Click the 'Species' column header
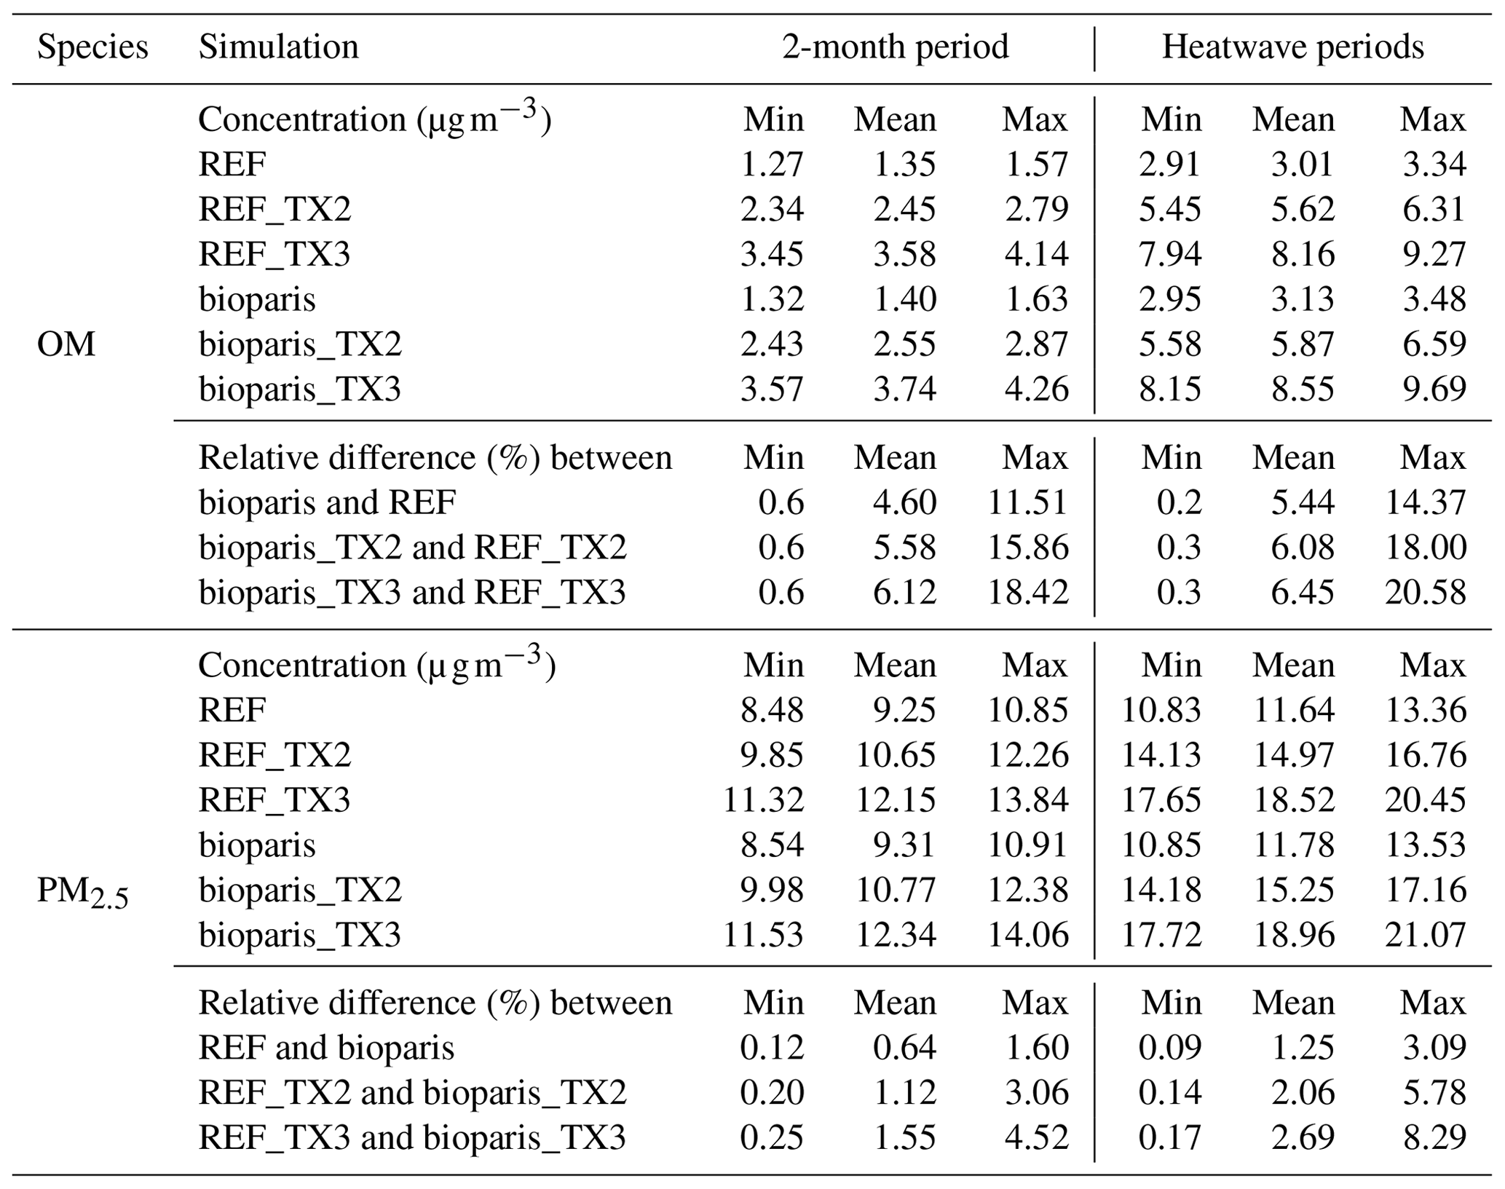pyautogui.click(x=92, y=47)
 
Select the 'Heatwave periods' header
pyautogui.click(x=1292, y=47)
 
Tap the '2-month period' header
pyautogui.click(x=895, y=47)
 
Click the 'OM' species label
pyautogui.click(x=66, y=344)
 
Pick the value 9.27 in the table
pyautogui.click(x=1434, y=254)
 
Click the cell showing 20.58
pyautogui.click(x=1425, y=592)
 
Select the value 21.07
pyautogui.click(x=1425, y=935)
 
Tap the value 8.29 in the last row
pyautogui.click(x=1434, y=1137)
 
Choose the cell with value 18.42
pyautogui.click(x=1027, y=592)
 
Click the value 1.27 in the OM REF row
pyautogui.click(x=772, y=164)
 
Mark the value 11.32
pyautogui.click(x=763, y=800)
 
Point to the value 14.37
pyautogui.click(x=1425, y=502)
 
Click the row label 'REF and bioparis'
pyautogui.click(x=326, y=1048)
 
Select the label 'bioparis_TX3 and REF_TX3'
pyautogui.click(x=412, y=592)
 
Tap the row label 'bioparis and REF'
pyautogui.click(x=327, y=502)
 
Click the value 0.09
pyautogui.click(x=1170, y=1048)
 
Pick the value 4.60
pyautogui.click(x=904, y=502)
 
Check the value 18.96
pyautogui.click(x=1293, y=935)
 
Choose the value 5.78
pyautogui.click(x=1434, y=1092)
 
